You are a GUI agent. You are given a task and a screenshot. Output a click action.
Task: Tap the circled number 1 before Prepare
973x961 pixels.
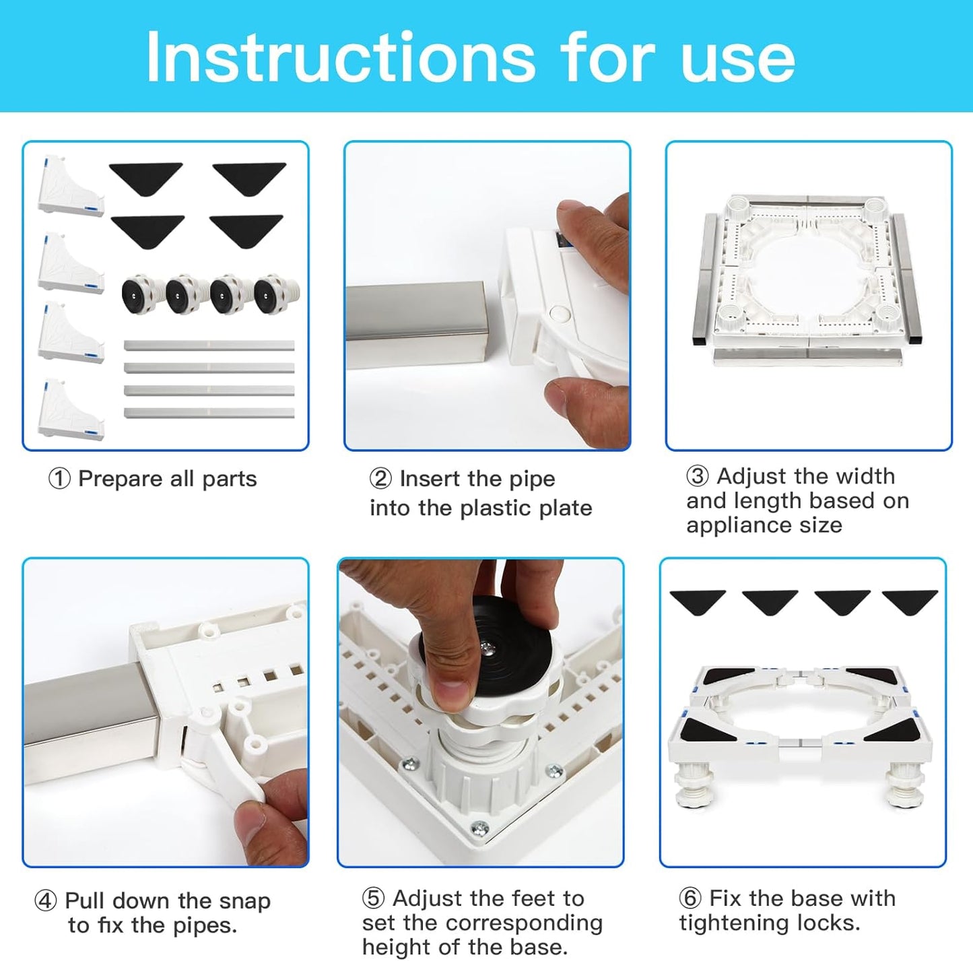[x=59, y=479]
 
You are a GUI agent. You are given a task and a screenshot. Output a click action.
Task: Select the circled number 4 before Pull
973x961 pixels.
[x=45, y=900]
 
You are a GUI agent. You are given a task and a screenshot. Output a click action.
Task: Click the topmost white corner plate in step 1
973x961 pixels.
[x=70, y=187]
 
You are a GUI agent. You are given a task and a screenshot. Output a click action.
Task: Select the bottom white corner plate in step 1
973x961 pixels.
[x=70, y=410]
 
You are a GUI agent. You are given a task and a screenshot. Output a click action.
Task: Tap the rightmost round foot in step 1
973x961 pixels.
[x=275, y=294]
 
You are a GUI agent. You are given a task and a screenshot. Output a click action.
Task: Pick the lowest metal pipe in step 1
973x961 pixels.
[x=209, y=413]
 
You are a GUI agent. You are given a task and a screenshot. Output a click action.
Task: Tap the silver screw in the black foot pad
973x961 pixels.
[x=488, y=647]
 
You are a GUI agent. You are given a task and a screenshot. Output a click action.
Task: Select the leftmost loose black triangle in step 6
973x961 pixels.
[x=698, y=601]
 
